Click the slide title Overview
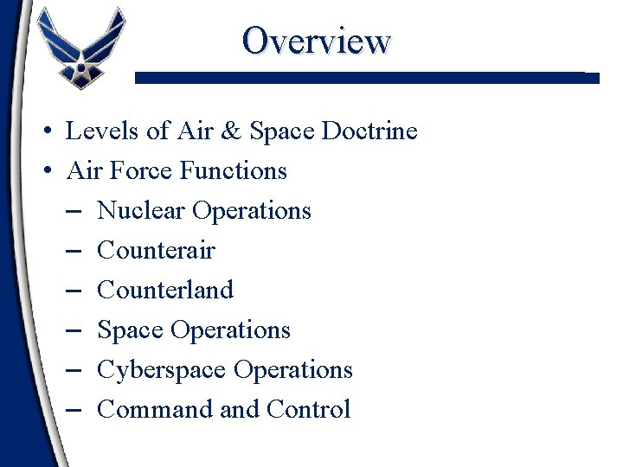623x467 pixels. pos(317,40)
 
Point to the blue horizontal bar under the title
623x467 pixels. pos(367,78)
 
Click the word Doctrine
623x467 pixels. pos(369,131)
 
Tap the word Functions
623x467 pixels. pos(234,171)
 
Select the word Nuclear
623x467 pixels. pos(141,211)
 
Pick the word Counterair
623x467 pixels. pos(156,251)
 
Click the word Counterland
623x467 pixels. pos(165,291)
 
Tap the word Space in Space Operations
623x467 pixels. pos(131,330)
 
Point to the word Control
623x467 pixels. pos(309,410)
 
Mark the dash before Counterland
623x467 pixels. pos(73,291)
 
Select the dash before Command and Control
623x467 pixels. pos(73,411)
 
